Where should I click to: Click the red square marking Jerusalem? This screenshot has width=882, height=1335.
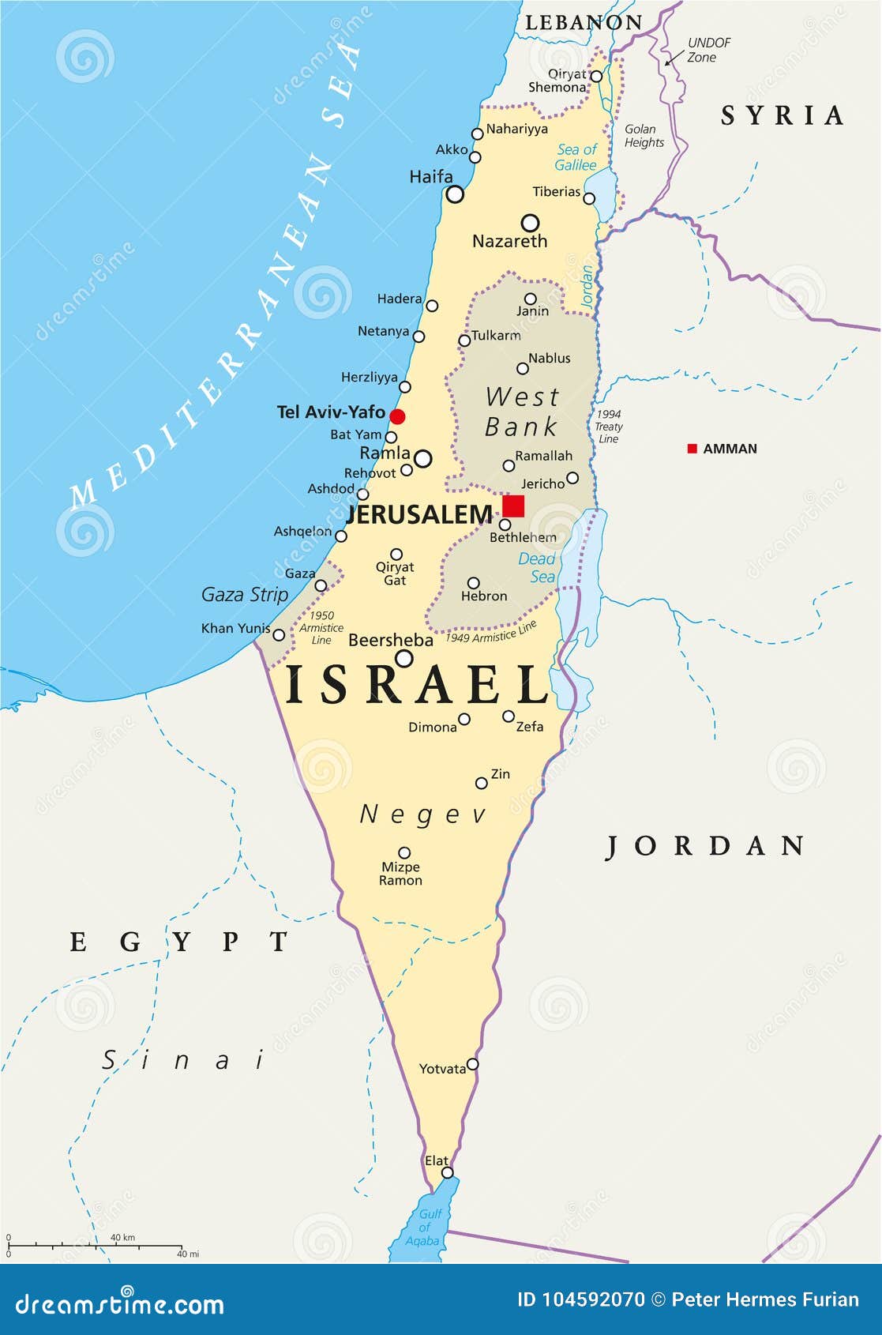(x=513, y=506)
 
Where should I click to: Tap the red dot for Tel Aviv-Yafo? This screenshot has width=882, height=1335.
(x=397, y=416)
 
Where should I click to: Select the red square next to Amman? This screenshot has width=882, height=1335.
(x=692, y=449)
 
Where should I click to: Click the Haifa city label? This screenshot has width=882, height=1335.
(x=431, y=177)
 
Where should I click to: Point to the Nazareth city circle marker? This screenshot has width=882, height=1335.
(x=531, y=223)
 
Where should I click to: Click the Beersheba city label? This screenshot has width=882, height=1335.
(x=391, y=640)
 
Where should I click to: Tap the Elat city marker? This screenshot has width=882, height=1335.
(x=448, y=1172)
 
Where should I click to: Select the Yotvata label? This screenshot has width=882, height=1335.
(x=442, y=1069)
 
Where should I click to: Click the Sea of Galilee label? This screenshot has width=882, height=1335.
(x=576, y=157)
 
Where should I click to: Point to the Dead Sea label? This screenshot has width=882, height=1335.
(x=537, y=568)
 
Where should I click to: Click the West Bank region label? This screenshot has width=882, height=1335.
(x=522, y=412)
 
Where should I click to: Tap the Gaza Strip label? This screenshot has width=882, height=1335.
(x=245, y=594)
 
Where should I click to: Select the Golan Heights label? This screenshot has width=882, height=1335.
(x=644, y=136)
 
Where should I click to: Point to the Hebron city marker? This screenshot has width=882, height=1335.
(x=473, y=583)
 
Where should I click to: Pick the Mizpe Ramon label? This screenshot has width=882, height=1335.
(x=400, y=874)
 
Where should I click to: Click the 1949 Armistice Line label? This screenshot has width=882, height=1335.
(x=491, y=632)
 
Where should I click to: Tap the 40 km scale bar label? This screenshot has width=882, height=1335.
(x=122, y=1237)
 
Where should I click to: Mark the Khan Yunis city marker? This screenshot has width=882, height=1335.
(x=279, y=634)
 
